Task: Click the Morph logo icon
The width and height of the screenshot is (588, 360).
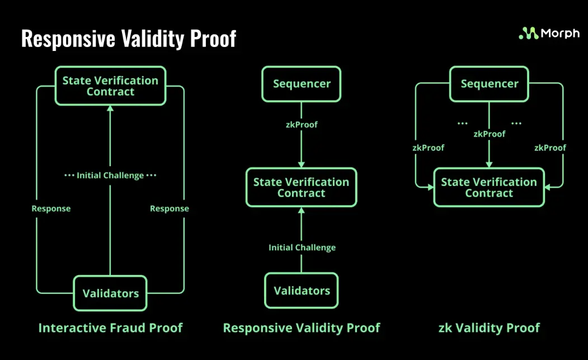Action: pyautogui.click(x=528, y=34)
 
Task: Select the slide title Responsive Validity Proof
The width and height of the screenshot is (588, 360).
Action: pyautogui.click(x=129, y=39)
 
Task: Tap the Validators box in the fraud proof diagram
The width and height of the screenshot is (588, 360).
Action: pyautogui.click(x=110, y=293)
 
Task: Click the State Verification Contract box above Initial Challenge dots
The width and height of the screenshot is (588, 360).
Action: pyautogui.click(x=110, y=86)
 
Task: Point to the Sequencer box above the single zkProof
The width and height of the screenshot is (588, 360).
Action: pyautogui.click(x=302, y=84)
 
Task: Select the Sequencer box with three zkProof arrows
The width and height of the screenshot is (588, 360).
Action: pyautogui.click(x=489, y=84)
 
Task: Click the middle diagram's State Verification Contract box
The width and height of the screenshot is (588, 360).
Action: pyautogui.click(x=301, y=188)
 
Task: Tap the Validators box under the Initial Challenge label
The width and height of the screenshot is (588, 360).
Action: pyautogui.click(x=302, y=291)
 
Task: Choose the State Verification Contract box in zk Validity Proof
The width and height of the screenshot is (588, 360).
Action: pyautogui.click(x=489, y=188)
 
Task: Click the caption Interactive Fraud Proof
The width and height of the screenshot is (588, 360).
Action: pyautogui.click(x=110, y=328)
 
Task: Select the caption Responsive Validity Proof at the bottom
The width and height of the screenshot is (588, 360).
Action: pyautogui.click(x=302, y=328)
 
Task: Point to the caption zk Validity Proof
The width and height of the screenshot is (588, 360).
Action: pyautogui.click(x=489, y=328)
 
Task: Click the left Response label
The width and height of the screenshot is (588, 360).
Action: pyautogui.click(x=51, y=208)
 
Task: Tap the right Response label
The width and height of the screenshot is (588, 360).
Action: pyautogui.click(x=170, y=208)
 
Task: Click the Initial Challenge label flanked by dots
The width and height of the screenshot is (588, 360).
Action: pyautogui.click(x=110, y=175)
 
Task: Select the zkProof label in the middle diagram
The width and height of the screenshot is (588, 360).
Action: pyautogui.click(x=302, y=124)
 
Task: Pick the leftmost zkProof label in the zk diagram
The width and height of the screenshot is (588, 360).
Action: pyautogui.click(x=429, y=148)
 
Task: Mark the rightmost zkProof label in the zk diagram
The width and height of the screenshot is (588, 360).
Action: pyautogui.click(x=550, y=148)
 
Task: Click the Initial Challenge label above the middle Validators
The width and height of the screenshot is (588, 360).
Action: pyautogui.click(x=302, y=247)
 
